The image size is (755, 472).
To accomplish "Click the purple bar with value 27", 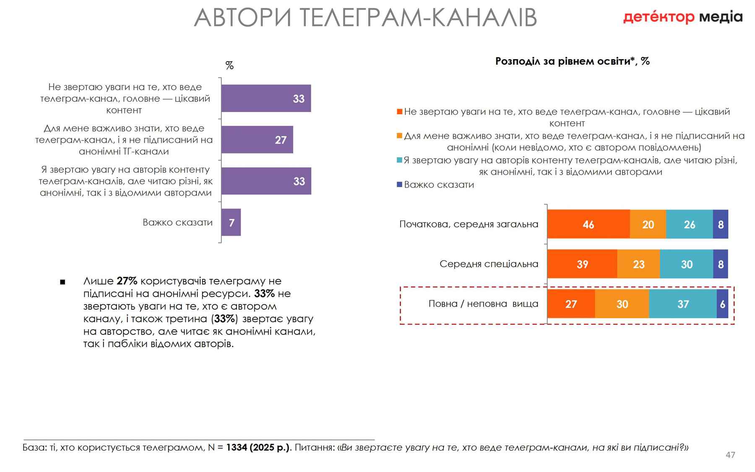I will [x=257, y=140].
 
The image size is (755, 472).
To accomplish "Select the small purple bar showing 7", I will [x=231, y=222].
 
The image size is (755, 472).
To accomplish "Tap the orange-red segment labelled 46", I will [x=588, y=224].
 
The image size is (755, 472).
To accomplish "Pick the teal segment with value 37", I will [x=682, y=304].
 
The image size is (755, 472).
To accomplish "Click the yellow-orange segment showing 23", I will [x=638, y=264].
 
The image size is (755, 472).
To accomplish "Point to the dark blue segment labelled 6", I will [x=722, y=304].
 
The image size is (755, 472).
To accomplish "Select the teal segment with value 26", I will [x=689, y=224].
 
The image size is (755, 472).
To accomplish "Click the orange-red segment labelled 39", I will [x=582, y=264].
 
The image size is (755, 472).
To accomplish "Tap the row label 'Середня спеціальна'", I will [x=489, y=264].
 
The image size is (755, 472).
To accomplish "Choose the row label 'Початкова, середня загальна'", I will [x=469, y=224].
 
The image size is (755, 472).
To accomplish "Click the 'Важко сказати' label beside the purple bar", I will [x=177, y=222].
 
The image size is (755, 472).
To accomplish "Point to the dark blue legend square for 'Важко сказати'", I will [x=399, y=184].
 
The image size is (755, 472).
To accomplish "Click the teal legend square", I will [x=399, y=160].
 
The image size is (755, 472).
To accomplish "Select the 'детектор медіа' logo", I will [x=682, y=17].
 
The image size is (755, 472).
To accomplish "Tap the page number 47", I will [x=730, y=455].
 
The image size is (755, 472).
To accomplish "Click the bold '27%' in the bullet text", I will [x=127, y=281].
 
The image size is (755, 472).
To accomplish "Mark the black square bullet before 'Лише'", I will [x=62, y=282].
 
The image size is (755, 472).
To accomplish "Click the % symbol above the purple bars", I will [x=229, y=65].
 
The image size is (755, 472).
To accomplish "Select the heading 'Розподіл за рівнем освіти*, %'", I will [x=572, y=61].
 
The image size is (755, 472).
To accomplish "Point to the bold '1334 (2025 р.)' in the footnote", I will [x=258, y=447].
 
